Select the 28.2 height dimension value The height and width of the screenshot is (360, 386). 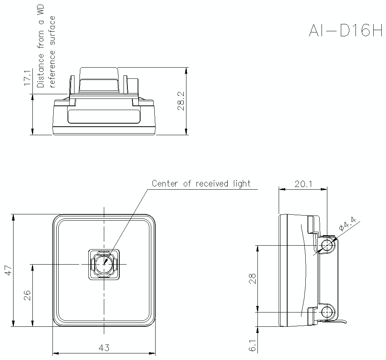[181, 101]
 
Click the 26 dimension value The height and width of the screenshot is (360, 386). [27, 295]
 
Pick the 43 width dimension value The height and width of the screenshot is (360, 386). [104, 348]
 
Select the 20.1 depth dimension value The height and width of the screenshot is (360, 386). [303, 184]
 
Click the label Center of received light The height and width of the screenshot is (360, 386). [201, 183]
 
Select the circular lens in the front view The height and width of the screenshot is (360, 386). [104, 264]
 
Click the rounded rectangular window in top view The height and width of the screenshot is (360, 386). [103, 116]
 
